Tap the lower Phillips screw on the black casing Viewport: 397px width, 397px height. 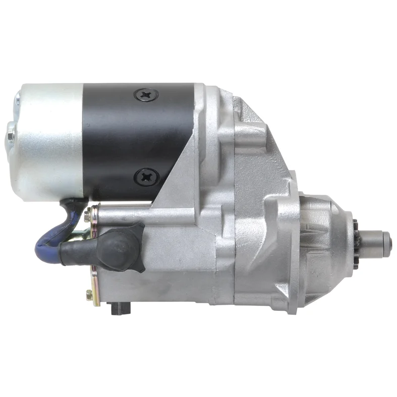(x=147, y=177)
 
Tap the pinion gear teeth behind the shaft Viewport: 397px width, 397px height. (x=356, y=237)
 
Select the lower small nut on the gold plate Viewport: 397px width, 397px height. (x=89, y=296)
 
